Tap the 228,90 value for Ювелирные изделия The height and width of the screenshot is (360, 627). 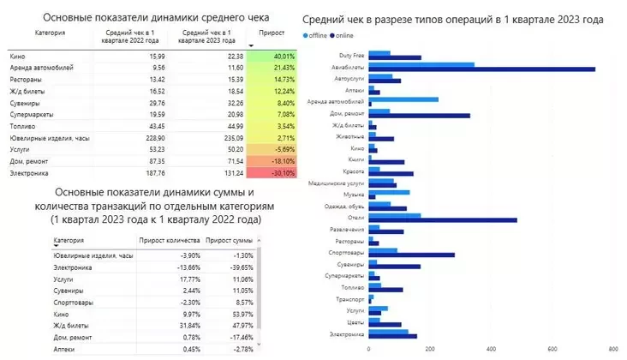pyautogui.click(x=153, y=135)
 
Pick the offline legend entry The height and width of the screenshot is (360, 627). pyautogui.click(x=321, y=37)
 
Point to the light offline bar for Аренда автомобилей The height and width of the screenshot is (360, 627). pyautogui.click(x=403, y=99)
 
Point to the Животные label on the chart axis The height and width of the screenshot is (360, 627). pyautogui.click(x=349, y=136)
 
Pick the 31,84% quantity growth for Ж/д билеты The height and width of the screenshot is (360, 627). pyautogui.click(x=186, y=326)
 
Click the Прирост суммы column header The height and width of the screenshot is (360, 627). pyautogui.click(x=231, y=241)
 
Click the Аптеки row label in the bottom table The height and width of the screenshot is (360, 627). pyautogui.click(x=64, y=349)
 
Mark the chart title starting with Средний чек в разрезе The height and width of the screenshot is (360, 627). pyautogui.click(x=454, y=18)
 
